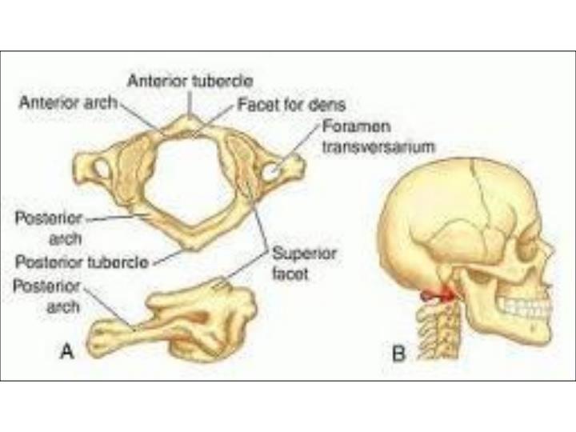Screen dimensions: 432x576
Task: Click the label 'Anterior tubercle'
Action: [x=190, y=81]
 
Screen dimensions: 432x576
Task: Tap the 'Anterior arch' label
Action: [x=67, y=102]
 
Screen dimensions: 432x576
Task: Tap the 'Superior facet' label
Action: [x=304, y=263]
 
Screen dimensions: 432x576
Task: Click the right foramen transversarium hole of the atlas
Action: [x=272, y=170]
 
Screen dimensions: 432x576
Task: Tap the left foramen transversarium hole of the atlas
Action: [x=102, y=169]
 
